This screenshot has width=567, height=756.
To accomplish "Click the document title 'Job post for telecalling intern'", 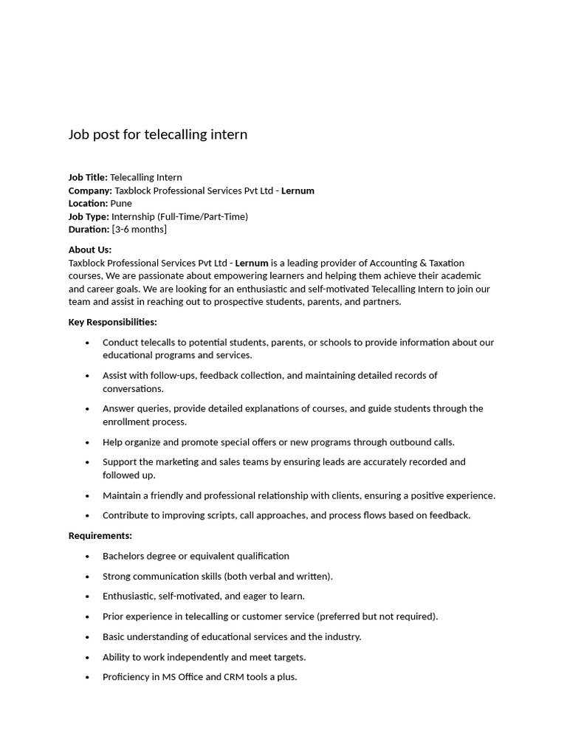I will tap(158, 134).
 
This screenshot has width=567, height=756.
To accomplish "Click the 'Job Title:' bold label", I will tap(88, 177).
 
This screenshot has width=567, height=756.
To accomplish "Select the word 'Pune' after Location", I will tap(121, 203).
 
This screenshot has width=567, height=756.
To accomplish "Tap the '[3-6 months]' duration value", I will tap(140, 229).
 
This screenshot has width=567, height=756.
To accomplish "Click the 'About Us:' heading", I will tap(90, 250).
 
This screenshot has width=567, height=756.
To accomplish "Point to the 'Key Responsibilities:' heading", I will tap(113, 322).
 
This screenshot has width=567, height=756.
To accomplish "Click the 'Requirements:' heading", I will tap(100, 535).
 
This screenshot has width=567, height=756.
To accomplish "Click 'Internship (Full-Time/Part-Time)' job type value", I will tap(179, 216).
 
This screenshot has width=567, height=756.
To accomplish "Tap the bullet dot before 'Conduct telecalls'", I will tap(88, 343).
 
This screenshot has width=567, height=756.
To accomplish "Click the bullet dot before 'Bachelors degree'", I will tap(88, 557).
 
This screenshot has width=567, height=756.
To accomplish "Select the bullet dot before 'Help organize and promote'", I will tap(88, 443).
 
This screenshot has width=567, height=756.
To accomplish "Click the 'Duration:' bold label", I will tap(89, 229).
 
